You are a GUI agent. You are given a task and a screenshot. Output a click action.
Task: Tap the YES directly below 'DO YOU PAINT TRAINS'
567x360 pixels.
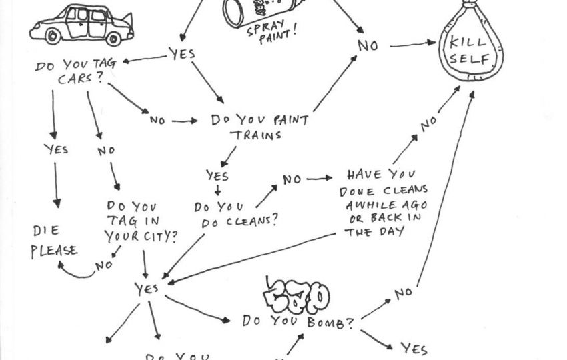coord(217,176)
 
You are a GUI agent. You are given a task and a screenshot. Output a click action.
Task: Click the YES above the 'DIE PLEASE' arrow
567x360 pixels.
coord(56,149)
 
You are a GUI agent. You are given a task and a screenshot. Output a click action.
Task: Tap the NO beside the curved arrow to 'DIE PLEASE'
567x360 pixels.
coord(104,265)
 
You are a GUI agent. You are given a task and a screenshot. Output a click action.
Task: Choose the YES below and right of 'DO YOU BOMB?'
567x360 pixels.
coord(414,347)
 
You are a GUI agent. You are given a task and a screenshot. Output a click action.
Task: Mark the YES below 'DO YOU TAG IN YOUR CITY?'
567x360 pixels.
coord(146,288)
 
